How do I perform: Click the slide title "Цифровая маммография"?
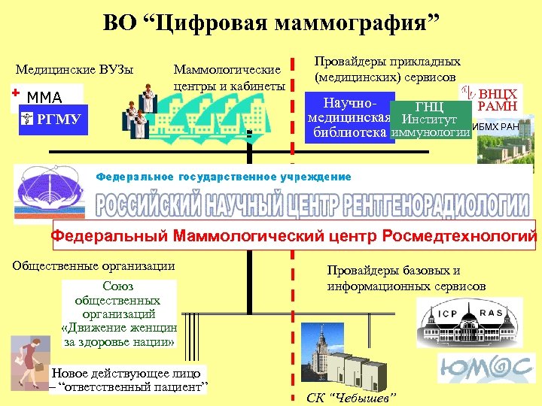[x=271, y=23]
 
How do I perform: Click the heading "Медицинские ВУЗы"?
[x=75, y=71]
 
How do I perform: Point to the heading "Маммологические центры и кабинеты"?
[x=229, y=77]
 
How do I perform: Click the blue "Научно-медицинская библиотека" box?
[x=348, y=118]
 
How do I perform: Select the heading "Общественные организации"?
[x=94, y=265]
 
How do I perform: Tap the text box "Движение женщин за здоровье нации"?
[x=119, y=314]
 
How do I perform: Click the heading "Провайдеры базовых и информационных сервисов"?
[x=406, y=278]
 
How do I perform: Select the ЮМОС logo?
[x=482, y=368]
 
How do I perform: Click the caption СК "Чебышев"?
[x=351, y=397]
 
